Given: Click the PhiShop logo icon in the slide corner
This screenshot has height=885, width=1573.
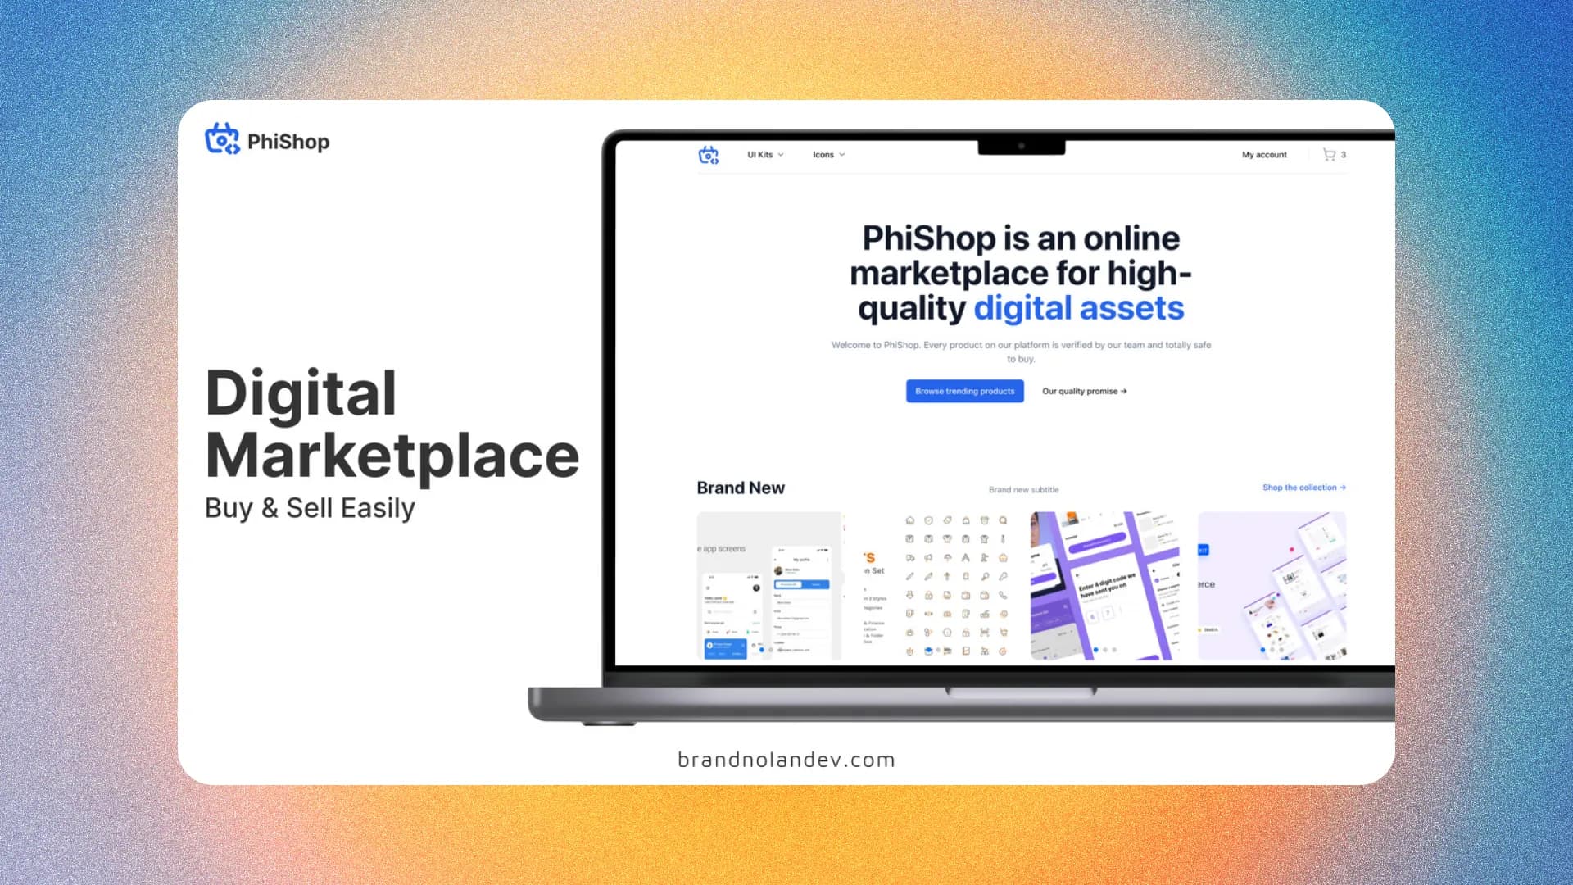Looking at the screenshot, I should point(221,139).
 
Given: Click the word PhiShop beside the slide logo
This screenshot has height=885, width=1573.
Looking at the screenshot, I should point(288,142).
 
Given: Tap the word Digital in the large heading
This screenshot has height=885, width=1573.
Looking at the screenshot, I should point(301,393).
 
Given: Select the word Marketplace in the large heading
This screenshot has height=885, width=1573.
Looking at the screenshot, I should point(392,456).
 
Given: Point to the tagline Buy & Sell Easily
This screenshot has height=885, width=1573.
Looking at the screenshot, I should point(310,508).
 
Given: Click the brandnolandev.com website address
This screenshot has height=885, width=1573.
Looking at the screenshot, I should point(786,760).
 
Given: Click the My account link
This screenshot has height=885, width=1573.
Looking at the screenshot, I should point(1263,155).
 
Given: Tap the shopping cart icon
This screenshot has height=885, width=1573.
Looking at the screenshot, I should point(1329,155).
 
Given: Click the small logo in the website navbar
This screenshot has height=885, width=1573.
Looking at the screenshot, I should point(708,155).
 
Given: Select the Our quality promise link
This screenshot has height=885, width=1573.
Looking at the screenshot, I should point(1084,392).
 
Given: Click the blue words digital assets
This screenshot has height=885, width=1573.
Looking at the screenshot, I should point(1078,309).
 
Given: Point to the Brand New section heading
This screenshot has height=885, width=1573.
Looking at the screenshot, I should point(740,488).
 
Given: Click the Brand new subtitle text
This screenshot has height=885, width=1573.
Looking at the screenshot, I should point(1023,490).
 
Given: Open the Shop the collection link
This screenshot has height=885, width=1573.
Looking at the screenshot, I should point(1303,488).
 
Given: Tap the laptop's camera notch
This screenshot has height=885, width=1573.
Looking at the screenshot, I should point(1021,147).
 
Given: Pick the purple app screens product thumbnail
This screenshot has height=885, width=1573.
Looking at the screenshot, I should point(1104,585).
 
